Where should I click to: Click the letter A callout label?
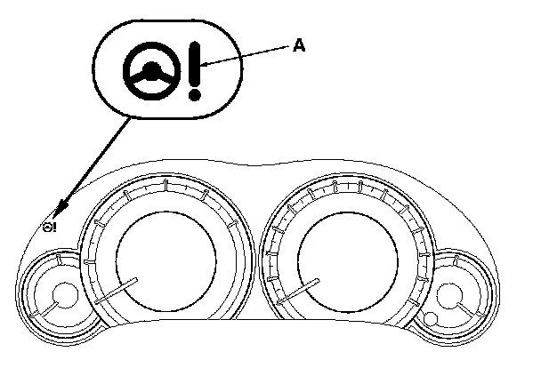point(300,45)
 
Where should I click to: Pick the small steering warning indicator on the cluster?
point(49,228)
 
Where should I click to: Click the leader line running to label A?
point(249,56)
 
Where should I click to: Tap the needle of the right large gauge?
point(298,292)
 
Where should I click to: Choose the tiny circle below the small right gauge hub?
point(431,319)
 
